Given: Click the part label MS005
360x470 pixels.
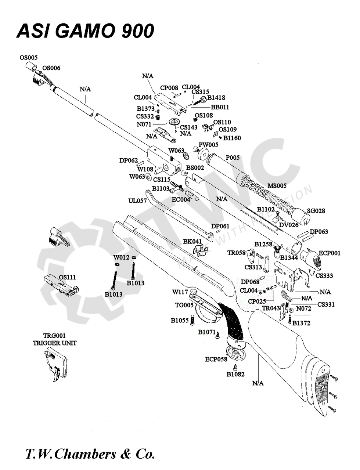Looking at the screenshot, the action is [x=277, y=186].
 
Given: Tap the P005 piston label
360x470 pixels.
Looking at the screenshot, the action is [x=233, y=158].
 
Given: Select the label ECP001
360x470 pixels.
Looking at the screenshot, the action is [x=330, y=253].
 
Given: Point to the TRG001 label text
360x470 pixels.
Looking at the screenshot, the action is [x=54, y=336].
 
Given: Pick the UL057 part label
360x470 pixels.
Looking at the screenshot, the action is [x=138, y=201].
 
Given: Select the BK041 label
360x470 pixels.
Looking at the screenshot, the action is [x=192, y=241].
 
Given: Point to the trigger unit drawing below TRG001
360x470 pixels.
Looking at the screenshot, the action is [x=55, y=365].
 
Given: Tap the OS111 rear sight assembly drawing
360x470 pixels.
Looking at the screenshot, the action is [x=61, y=285].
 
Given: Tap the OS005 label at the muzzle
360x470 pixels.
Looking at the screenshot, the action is [x=29, y=58].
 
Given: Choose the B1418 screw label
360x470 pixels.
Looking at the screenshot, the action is [x=216, y=98].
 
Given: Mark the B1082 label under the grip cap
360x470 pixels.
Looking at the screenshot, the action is [x=235, y=374].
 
